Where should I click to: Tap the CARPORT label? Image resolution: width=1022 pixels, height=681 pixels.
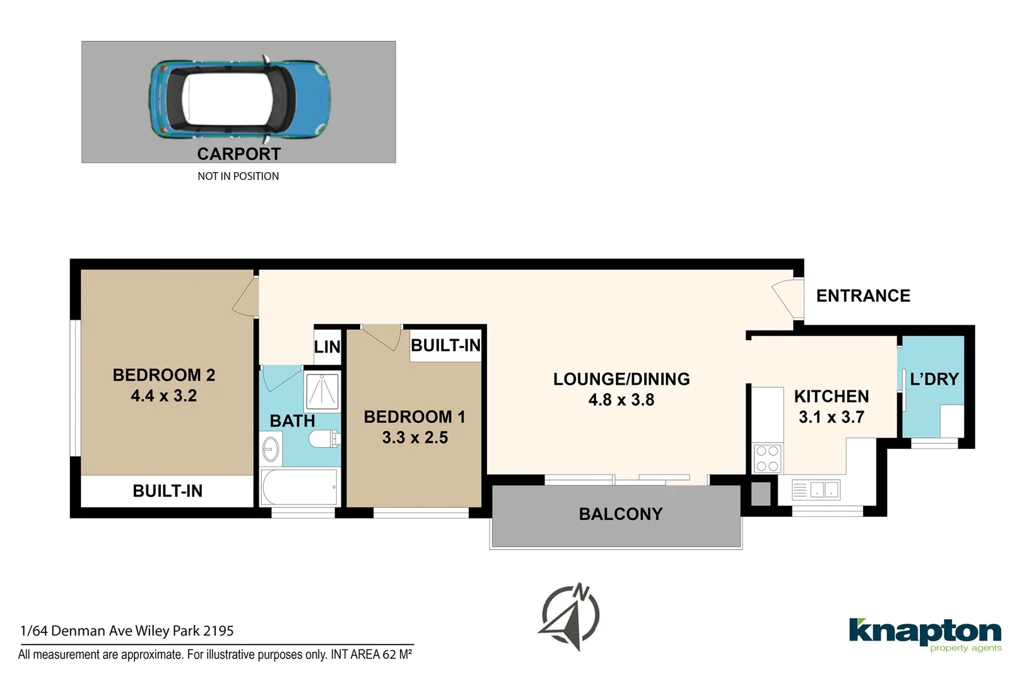(x=238, y=154)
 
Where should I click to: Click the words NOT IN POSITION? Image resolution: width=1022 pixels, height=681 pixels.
(x=238, y=177)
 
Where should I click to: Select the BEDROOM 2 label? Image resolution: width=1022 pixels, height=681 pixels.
(x=164, y=375)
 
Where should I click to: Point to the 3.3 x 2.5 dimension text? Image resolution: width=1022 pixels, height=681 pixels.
(x=414, y=438)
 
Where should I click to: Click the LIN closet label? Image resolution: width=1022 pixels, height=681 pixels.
(x=327, y=347)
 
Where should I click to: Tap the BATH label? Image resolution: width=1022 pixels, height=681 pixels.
(x=292, y=421)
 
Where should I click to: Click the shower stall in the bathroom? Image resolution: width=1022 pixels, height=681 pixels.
(x=322, y=391)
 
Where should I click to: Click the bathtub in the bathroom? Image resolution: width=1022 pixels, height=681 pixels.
(x=300, y=487)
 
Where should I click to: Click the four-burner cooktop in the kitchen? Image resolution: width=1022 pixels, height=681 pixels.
(x=767, y=458)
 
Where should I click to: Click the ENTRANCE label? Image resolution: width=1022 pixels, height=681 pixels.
(x=863, y=296)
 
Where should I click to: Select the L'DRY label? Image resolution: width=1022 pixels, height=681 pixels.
(x=934, y=379)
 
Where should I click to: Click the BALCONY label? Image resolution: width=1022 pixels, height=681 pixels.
(x=621, y=515)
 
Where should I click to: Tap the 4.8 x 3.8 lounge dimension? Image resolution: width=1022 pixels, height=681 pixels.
(x=621, y=400)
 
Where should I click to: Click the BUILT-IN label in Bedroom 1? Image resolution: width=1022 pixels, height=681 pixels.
(x=445, y=346)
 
